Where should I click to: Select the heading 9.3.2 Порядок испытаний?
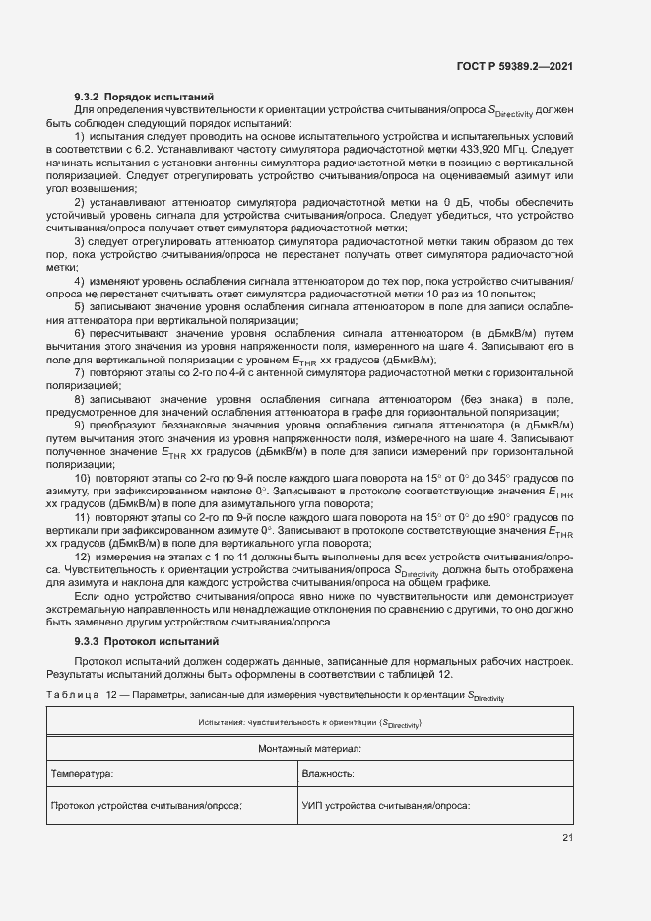[x=144, y=97]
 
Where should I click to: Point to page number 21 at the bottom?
[x=567, y=838]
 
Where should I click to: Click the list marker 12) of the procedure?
[x=83, y=558]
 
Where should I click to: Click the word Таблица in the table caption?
[x=72, y=698]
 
